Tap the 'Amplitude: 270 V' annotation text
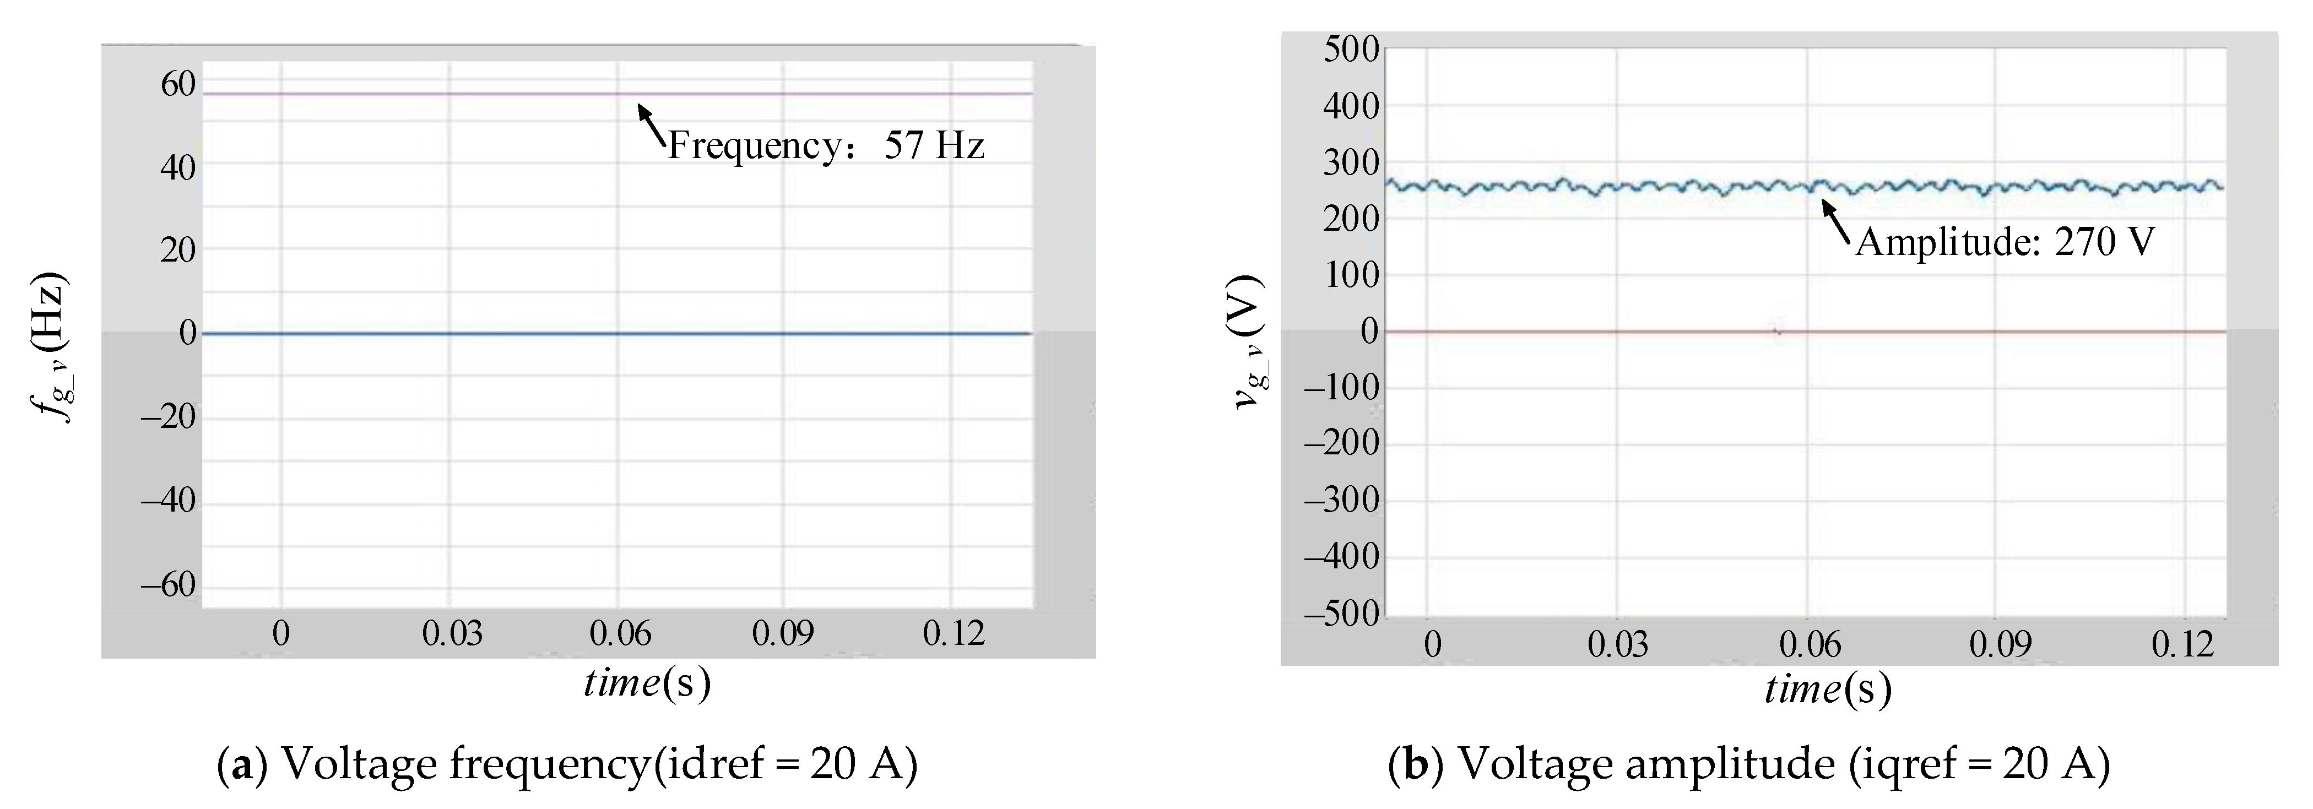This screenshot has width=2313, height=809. click(x=2004, y=242)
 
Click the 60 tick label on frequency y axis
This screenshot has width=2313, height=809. click(x=178, y=84)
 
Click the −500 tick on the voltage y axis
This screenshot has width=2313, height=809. click(x=1341, y=614)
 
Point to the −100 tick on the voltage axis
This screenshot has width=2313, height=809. click(x=1341, y=388)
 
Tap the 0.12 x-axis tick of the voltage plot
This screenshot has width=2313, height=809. click(x=2182, y=644)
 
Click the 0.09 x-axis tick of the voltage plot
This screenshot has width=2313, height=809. click(x=2000, y=644)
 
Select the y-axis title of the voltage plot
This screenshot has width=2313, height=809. click(x=1249, y=341)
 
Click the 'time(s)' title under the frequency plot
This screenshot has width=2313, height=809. click(x=647, y=683)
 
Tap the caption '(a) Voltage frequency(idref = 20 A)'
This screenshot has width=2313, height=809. click(x=567, y=764)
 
